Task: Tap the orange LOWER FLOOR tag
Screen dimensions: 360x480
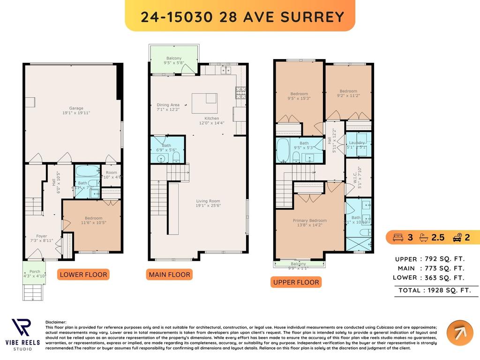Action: [x=83, y=274]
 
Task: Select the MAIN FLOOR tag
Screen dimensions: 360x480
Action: [x=169, y=275]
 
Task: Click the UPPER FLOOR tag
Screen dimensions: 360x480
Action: [x=296, y=282]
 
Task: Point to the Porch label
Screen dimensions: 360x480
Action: [x=35, y=274]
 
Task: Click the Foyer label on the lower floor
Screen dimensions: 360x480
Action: [x=42, y=238]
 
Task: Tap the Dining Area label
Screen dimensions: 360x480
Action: [x=168, y=107]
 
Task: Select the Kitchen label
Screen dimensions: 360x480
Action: [x=211, y=120]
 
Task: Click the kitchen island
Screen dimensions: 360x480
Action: [x=204, y=103]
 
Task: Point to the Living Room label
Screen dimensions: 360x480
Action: [x=208, y=203]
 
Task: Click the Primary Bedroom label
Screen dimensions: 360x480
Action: [x=309, y=223]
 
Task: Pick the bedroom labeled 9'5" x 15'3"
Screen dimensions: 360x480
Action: [x=299, y=96]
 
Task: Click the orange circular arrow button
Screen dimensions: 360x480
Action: [x=459, y=333]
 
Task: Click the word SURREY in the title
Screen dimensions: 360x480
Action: [x=317, y=16]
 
